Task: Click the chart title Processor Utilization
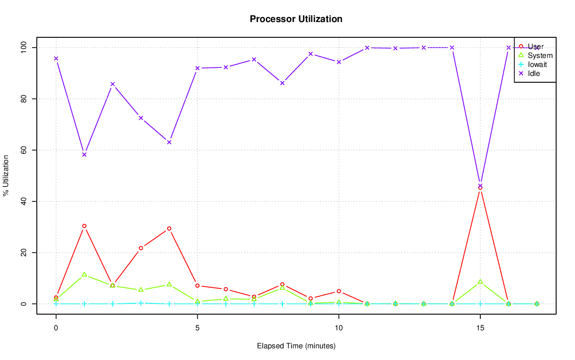[296, 19]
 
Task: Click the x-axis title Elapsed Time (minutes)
[296, 346]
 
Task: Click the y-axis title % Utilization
[6, 175]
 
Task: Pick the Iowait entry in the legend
[537, 64]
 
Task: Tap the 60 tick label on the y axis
[23, 150]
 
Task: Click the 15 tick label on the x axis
[480, 328]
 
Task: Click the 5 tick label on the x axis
[197, 328]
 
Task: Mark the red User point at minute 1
[84, 226]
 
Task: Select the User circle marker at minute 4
[169, 228]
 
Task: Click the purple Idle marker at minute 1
[84, 155]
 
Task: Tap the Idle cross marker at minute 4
[169, 142]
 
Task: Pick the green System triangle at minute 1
[84, 274]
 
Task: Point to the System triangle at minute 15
[480, 282]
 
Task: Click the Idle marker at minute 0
[56, 58]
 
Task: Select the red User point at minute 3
[141, 248]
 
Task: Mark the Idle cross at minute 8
[282, 83]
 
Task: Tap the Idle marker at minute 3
[141, 118]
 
